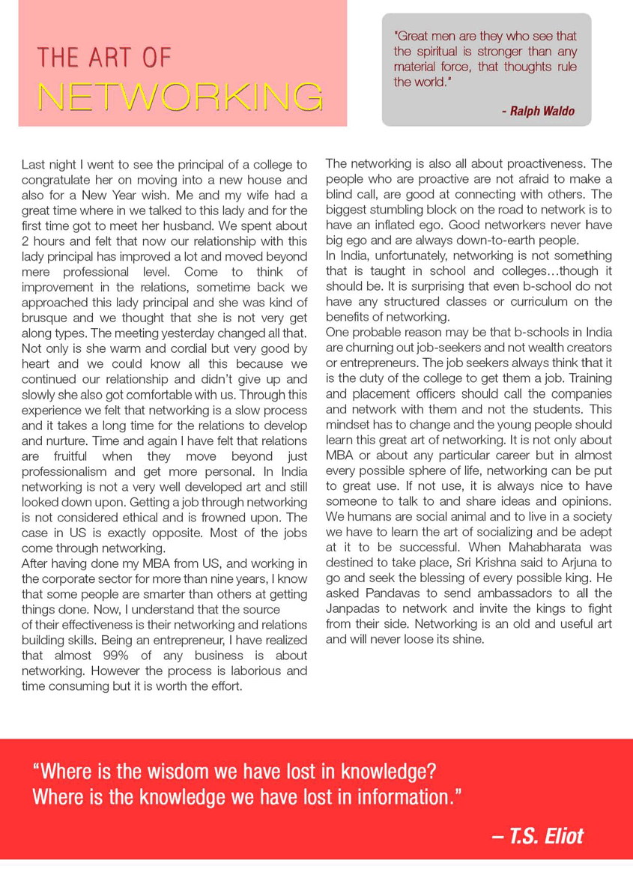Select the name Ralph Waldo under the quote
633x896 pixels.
tap(538, 112)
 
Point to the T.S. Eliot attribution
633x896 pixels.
tap(537, 835)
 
